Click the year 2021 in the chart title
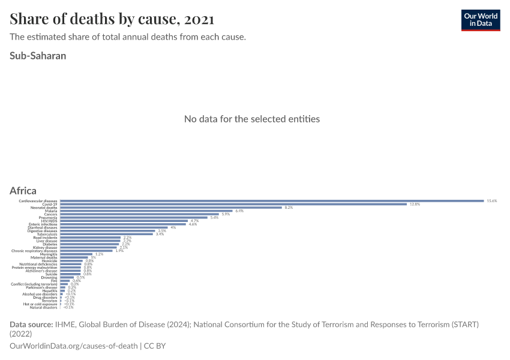tap(199, 19)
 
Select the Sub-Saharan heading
tap(38, 56)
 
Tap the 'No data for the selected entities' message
tap(252, 119)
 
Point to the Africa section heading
tap(23, 191)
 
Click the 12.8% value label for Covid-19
tap(415, 205)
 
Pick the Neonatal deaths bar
tap(171, 208)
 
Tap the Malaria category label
tap(51, 211)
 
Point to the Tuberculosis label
tap(47, 234)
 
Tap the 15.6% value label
tap(492, 201)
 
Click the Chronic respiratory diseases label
tap(35, 251)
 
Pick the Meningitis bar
tap(76, 254)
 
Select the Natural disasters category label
tap(43, 307)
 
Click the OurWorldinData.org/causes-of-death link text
tap(74, 346)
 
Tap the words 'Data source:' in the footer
tap(31, 325)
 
